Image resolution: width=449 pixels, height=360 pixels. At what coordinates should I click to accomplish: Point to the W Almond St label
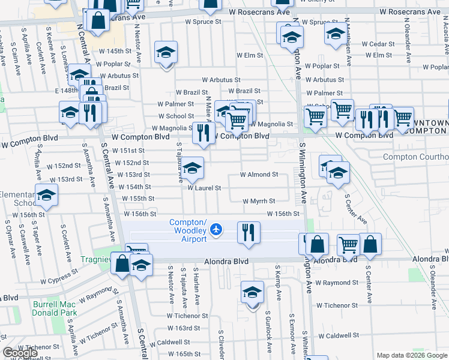coord(259,175)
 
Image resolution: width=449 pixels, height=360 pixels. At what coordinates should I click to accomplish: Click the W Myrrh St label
coord(259,201)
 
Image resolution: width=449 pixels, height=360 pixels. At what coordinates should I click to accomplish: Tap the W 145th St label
coord(115,51)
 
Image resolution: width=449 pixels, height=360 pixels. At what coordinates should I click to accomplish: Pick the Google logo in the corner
coord(20,353)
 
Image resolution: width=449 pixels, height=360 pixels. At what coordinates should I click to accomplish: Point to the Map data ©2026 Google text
coord(411,355)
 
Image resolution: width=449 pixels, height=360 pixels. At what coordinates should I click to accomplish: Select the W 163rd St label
coord(183,328)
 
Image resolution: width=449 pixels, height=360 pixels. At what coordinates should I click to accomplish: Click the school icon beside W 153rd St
coord(193,168)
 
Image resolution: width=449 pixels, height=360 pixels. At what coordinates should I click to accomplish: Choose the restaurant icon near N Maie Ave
coord(203,131)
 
